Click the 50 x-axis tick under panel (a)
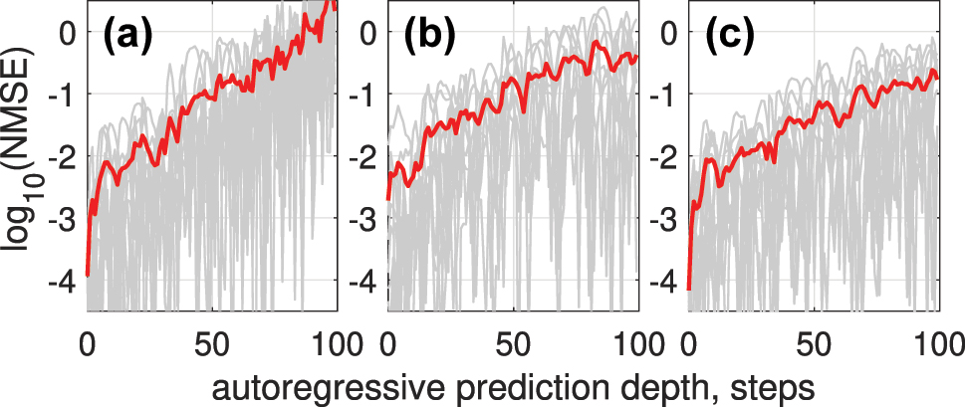click(x=213, y=342)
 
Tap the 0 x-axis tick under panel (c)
click(x=688, y=342)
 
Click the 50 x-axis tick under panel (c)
click(x=815, y=342)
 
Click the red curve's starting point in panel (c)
click(x=688, y=289)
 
